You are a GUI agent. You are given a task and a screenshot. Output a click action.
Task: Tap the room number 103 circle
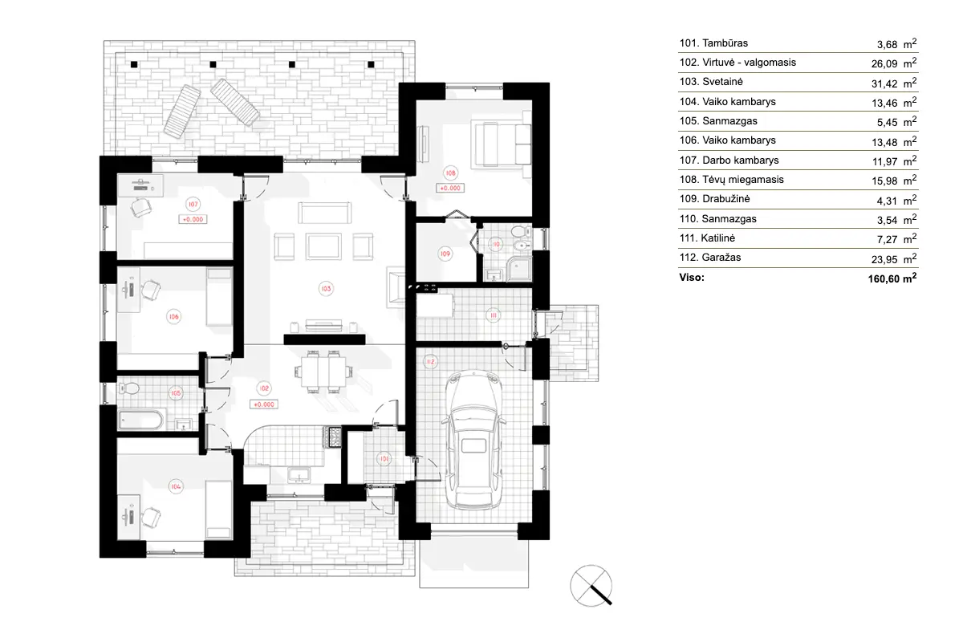pos(326,286)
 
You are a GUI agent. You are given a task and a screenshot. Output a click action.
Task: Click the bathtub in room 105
pos(141,420)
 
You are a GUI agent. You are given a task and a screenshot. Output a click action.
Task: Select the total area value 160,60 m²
pos(887,278)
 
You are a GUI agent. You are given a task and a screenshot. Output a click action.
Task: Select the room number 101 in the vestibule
pos(385,459)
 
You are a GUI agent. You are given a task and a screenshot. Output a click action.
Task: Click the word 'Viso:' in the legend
pos(692,278)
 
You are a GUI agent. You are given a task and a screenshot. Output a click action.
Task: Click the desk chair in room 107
pos(142,208)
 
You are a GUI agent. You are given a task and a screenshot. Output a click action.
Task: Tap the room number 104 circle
pos(173,486)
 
